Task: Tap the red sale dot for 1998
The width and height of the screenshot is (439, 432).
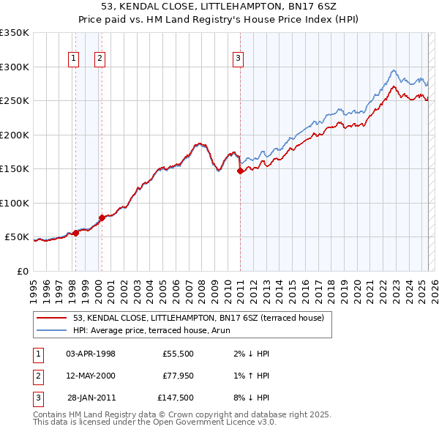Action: [x=75, y=234]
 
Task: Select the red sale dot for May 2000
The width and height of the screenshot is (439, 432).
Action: [x=102, y=217]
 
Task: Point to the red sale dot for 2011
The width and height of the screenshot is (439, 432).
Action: [x=240, y=171]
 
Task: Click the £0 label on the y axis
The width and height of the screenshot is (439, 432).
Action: [x=22, y=271]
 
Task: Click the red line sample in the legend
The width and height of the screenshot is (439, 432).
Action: [x=51, y=318]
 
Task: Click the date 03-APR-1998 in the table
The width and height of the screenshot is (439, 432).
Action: [x=91, y=354]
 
